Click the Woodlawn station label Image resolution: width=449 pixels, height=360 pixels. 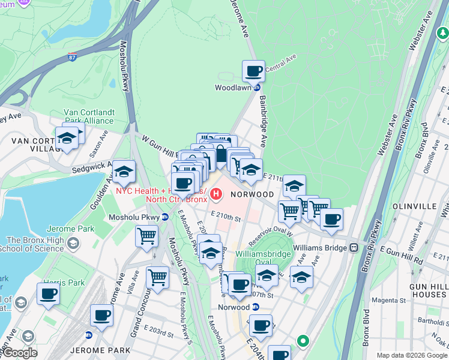click(233, 88)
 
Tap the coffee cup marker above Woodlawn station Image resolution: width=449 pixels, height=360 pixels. click(254, 71)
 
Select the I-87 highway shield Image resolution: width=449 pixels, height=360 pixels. click(72, 58)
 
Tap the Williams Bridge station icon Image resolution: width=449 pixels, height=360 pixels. click(355, 247)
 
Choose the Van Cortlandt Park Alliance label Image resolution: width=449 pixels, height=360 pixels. click(89, 116)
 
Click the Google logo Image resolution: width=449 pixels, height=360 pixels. click(20, 353)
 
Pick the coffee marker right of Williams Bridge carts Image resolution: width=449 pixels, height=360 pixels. click(331, 219)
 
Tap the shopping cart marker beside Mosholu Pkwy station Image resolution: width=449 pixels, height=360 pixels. click(146, 236)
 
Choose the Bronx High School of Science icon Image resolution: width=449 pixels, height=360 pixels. click(73, 243)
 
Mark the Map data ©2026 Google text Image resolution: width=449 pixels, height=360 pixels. click(412, 355)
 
